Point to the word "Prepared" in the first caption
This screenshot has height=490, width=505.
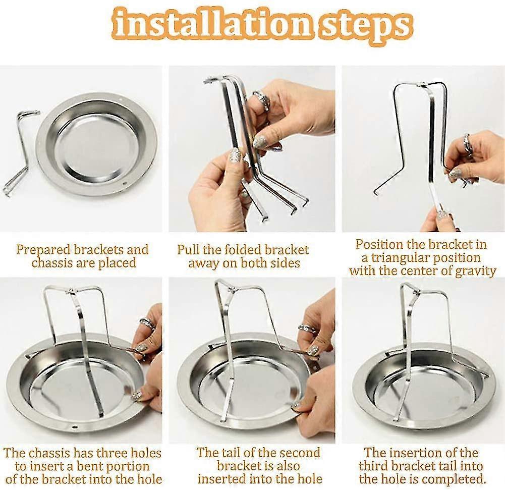[43, 250]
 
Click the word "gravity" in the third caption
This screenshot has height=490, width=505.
[475, 271]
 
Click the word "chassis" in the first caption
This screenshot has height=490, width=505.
[51, 262]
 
